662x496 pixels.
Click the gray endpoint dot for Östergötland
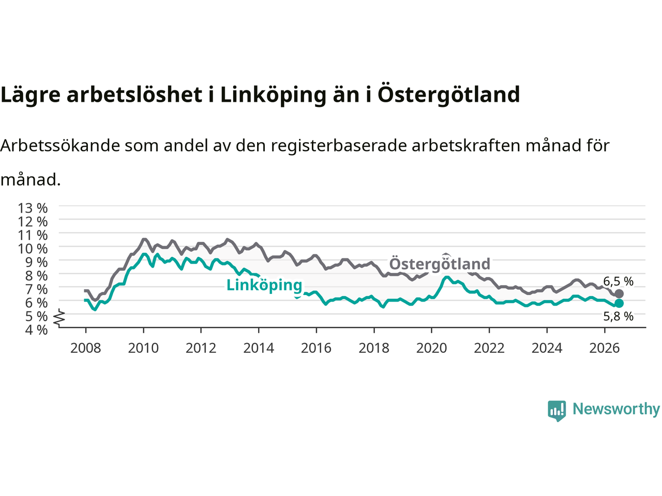619,293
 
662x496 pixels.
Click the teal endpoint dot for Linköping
619,303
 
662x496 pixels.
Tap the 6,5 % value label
618,281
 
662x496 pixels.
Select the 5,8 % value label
618,316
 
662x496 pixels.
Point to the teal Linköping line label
264,285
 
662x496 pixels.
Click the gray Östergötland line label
440,264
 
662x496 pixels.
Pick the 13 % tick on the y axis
33,208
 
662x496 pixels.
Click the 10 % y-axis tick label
33,249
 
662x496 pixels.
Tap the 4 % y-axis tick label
36,330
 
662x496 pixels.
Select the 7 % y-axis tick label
36,289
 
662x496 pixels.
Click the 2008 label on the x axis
86,348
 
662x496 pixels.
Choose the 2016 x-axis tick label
316,348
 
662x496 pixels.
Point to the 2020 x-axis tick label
431,348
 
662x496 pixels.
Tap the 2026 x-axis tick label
605,348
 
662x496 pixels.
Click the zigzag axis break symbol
59,317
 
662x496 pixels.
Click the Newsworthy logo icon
556,411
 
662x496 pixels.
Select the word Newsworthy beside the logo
616,409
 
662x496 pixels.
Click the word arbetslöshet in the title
134,94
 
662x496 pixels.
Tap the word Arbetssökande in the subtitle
61,146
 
